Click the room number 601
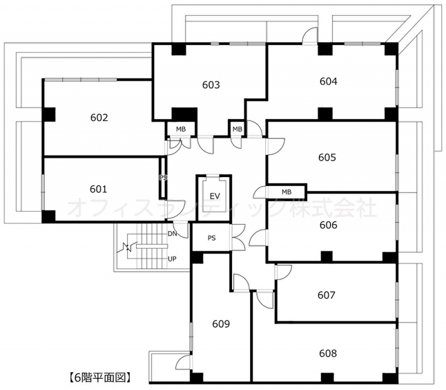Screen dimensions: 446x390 click(99, 189)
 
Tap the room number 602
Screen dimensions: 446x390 click(99, 118)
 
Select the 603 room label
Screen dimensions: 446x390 click(211, 85)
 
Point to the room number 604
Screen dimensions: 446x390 click(328, 81)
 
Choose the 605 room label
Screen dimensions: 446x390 click(327, 157)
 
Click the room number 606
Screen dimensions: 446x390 click(328, 225)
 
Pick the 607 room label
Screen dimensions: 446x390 click(327, 295)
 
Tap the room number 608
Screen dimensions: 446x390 click(328, 353)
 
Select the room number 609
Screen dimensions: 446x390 click(221, 324)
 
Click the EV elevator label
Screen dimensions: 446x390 click(215, 196)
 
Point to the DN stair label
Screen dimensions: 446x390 click(172, 233)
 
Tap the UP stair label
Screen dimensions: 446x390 click(172, 259)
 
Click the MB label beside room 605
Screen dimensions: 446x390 click(287, 192)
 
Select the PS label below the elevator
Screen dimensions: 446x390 click(211, 238)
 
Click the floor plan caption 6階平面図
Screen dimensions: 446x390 click(100, 378)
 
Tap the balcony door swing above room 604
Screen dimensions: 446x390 click(309, 35)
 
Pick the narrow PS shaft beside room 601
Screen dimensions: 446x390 click(162, 178)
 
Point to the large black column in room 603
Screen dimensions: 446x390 click(185, 114)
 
